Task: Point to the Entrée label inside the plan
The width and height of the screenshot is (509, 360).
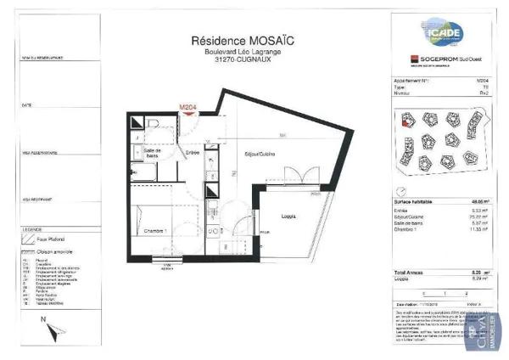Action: (193, 152)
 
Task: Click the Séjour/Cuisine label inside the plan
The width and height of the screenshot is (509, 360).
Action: (261, 154)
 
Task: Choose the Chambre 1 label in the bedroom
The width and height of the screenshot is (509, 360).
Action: (154, 231)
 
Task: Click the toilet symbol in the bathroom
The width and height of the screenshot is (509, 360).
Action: (154, 124)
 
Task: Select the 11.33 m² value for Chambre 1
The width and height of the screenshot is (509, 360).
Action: (482, 228)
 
